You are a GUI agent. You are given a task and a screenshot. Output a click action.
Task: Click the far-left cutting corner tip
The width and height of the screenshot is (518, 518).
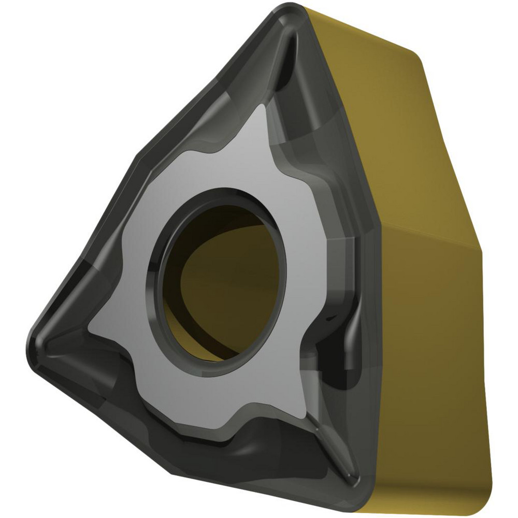click(32, 339)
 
